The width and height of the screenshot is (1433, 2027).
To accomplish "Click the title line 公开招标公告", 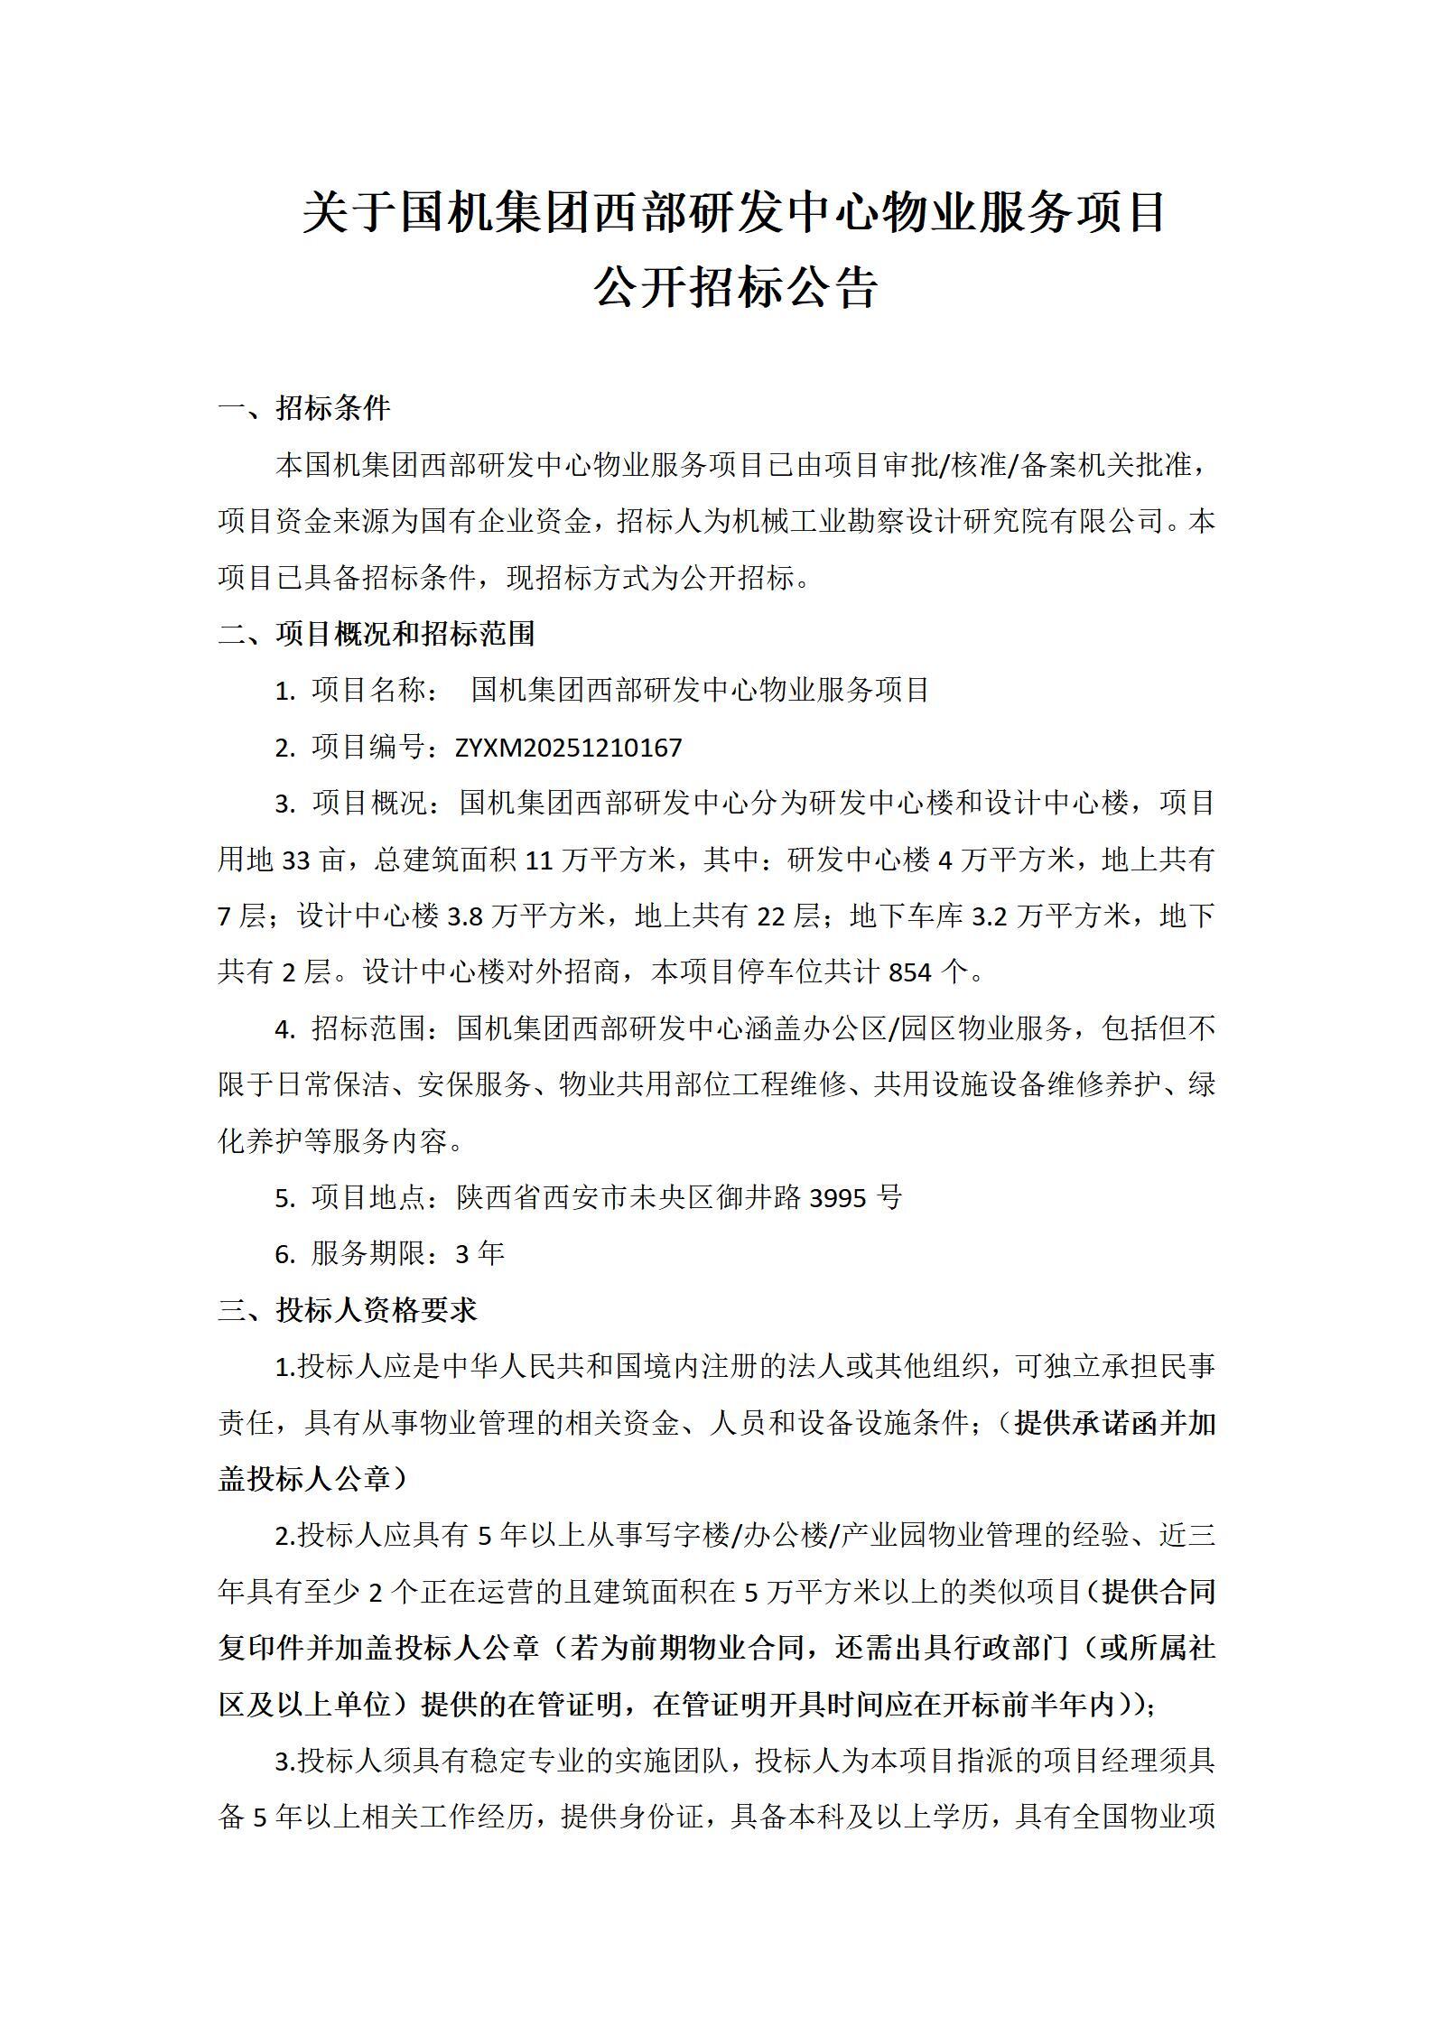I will click(735, 288).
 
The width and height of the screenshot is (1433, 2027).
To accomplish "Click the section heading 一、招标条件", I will click(304, 408).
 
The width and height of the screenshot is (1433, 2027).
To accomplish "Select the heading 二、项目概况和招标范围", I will click(377, 634).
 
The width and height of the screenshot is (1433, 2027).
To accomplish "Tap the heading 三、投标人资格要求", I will click(348, 1310).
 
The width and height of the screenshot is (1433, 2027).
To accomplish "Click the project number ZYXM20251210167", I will click(569, 748).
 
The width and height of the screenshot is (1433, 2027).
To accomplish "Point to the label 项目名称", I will click(369, 691).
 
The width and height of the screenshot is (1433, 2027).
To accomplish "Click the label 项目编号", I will click(369, 748).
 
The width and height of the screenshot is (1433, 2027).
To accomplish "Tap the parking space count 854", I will click(909, 972).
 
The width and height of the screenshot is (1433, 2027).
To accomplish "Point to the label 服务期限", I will click(369, 1254).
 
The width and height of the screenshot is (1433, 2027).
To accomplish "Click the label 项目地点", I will click(369, 1198).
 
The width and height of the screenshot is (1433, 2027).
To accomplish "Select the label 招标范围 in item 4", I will click(369, 1028).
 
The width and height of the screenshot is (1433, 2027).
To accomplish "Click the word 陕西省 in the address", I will click(500, 1198).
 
